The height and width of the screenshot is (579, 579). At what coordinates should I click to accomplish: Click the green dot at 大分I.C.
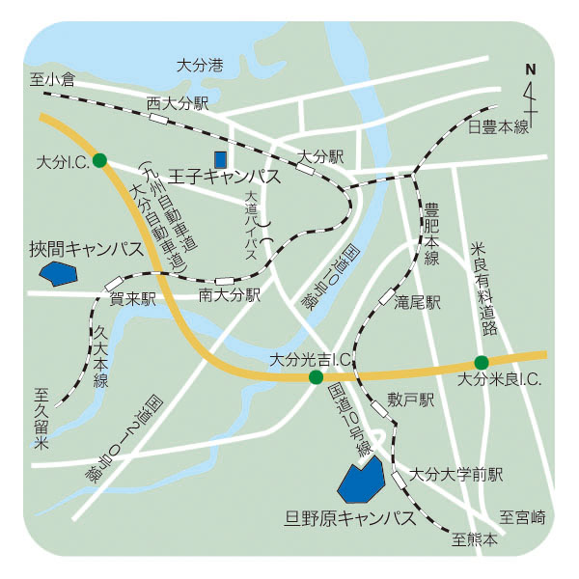click(x=99, y=162)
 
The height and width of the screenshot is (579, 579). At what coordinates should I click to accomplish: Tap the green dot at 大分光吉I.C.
click(x=315, y=377)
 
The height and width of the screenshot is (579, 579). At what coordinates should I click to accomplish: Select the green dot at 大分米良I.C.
click(x=482, y=363)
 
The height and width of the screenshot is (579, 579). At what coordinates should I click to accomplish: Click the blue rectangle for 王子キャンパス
click(x=221, y=158)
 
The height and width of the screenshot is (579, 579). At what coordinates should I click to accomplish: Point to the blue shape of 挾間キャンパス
click(x=61, y=274)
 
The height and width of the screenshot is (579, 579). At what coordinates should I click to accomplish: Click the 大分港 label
click(x=201, y=67)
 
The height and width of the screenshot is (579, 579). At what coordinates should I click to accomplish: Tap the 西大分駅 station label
click(x=178, y=102)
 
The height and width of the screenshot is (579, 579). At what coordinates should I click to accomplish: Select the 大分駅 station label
click(x=320, y=154)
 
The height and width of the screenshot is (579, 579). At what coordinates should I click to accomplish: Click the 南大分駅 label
click(x=231, y=294)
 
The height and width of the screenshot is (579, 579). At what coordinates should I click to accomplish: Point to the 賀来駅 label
click(x=133, y=299)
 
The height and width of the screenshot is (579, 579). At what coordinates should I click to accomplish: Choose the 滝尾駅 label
click(x=417, y=302)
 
